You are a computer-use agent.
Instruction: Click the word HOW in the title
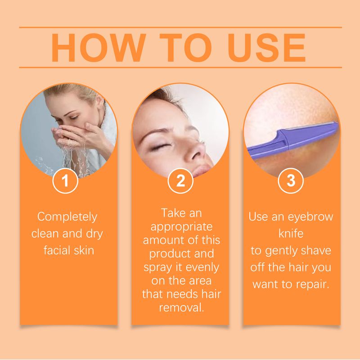pos(99,48)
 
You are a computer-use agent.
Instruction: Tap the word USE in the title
pos(266,48)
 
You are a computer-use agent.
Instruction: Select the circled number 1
pos(65,181)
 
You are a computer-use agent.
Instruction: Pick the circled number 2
pos(180,181)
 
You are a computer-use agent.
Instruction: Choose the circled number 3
pos(291,181)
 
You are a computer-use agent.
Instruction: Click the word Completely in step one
pos(67,217)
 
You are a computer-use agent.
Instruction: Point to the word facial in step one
pos(55,250)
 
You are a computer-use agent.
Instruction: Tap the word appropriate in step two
pos(181,227)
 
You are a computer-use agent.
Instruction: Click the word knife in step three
pos(291,233)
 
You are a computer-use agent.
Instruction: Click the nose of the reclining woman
pos(195,152)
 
